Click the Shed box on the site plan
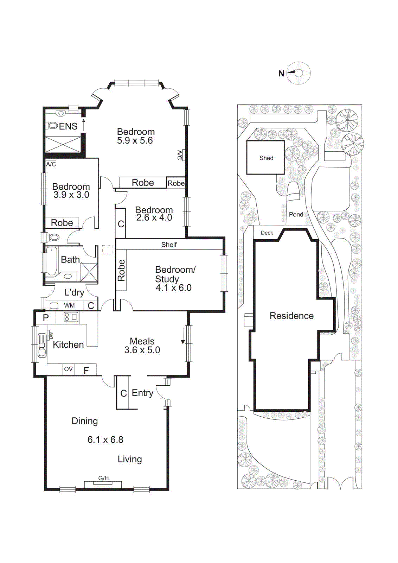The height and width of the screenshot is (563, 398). pos(265,158)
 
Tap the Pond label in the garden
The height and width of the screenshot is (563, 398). pos(296,214)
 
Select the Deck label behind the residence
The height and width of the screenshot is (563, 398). pos(267,233)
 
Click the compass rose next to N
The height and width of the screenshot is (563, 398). pos(298,73)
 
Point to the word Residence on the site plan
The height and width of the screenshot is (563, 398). pos(291,316)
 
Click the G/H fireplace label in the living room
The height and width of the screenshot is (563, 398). pos(103,478)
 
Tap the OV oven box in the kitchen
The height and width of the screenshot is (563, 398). pos(68,369)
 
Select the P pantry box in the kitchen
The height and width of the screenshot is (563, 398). pos(46,318)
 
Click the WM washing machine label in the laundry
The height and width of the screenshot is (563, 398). pos(69,305)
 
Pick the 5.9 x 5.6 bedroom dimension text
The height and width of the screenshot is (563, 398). pos(135,140)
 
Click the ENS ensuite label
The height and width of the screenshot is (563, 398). pos(68,126)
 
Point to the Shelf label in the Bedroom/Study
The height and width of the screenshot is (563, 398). pos(169,245)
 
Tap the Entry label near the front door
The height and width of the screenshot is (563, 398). pos(142,393)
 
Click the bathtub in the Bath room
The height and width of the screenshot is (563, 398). pos(52,261)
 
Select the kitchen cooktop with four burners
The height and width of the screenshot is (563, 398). pos(71,317)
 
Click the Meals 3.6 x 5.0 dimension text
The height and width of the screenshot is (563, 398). pos(142,350)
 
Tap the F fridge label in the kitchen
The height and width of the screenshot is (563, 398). pos(86,370)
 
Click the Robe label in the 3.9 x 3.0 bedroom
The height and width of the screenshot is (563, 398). pos(62,223)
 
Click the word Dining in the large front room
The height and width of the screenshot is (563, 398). pos(85,421)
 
